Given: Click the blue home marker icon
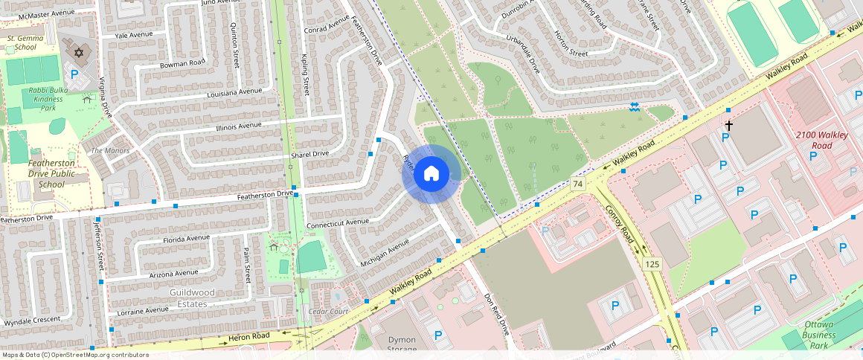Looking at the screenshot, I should coord(431,174).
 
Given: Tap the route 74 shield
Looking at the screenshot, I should coord(577,183).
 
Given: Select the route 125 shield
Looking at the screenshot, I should coord(652,264).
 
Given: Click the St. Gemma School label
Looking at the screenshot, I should coord(21,42).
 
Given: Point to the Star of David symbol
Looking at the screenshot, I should coord(79,54).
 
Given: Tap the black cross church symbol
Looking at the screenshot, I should coord(729,126).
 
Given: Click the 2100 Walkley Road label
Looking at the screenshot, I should coord(821,140).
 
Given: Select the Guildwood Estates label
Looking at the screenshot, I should coord(192,298).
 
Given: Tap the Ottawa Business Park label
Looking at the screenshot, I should coord(818,335).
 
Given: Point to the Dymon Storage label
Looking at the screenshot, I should coord(402,344).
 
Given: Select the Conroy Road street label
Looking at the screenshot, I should coord(619,224).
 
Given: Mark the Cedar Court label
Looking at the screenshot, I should coord(328,311).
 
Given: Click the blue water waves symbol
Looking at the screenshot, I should coord(634,107).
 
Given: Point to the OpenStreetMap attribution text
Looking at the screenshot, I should coord(74,355).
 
